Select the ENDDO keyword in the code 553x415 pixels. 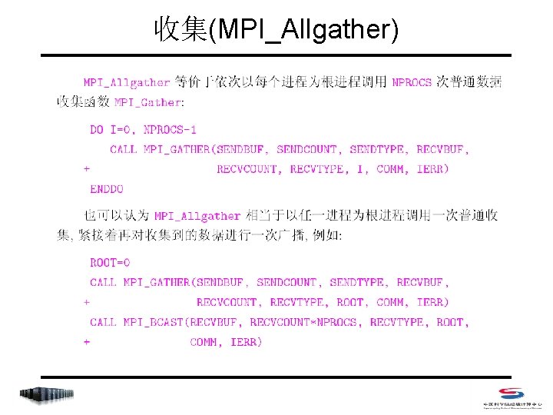(x=107, y=188)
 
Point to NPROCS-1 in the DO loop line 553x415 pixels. (x=169, y=130)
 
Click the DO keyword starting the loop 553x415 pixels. (x=97, y=130)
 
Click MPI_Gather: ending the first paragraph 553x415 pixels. (x=149, y=102)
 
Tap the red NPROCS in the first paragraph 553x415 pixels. (x=412, y=83)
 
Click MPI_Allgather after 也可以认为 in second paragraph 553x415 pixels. (x=197, y=217)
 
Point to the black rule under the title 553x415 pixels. (x=276, y=55)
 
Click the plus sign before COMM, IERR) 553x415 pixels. (x=87, y=342)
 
